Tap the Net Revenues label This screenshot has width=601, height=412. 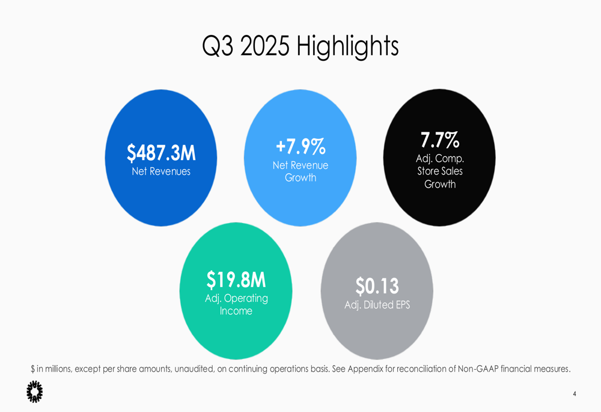161,171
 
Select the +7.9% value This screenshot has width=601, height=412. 300,146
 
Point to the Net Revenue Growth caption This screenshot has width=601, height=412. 300,171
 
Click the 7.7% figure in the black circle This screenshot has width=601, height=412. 440,140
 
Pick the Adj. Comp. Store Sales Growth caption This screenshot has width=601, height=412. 440,171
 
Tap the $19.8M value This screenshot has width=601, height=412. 236,280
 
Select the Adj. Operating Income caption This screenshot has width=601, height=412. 236,304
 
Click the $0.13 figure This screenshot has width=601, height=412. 377,286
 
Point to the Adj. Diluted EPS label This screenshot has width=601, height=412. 377,305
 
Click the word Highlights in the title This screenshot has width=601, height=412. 347,46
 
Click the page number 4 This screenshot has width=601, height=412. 575,394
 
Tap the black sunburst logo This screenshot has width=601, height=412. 35,392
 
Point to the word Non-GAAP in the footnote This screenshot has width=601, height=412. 478,369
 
